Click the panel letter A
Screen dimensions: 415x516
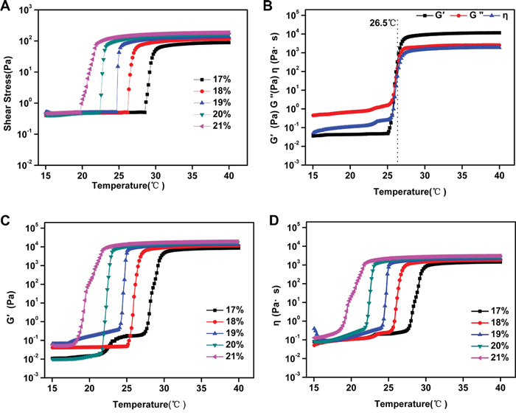6,7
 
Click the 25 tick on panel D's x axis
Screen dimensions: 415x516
388,388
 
